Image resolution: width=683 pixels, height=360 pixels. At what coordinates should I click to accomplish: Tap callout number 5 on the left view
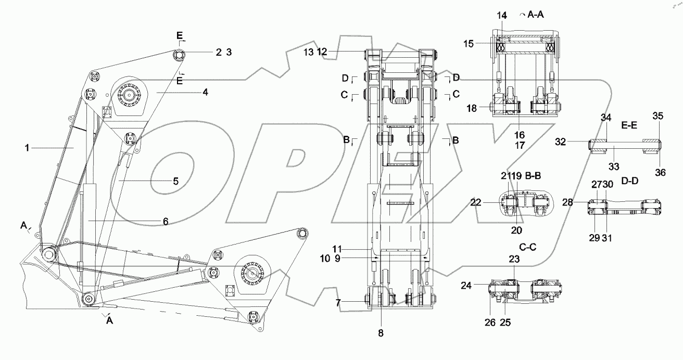(x=176, y=181)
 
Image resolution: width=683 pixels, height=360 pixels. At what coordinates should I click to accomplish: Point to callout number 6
(x=165, y=222)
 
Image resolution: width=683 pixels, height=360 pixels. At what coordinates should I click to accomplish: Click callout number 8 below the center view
(x=381, y=333)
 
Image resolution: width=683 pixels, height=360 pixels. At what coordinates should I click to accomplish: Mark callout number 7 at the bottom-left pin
(x=338, y=303)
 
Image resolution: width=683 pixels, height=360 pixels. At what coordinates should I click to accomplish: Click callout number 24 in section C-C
(x=466, y=285)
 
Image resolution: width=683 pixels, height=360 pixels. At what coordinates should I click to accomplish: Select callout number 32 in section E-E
(x=573, y=141)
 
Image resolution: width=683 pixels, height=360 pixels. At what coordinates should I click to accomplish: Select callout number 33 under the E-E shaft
(x=614, y=166)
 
